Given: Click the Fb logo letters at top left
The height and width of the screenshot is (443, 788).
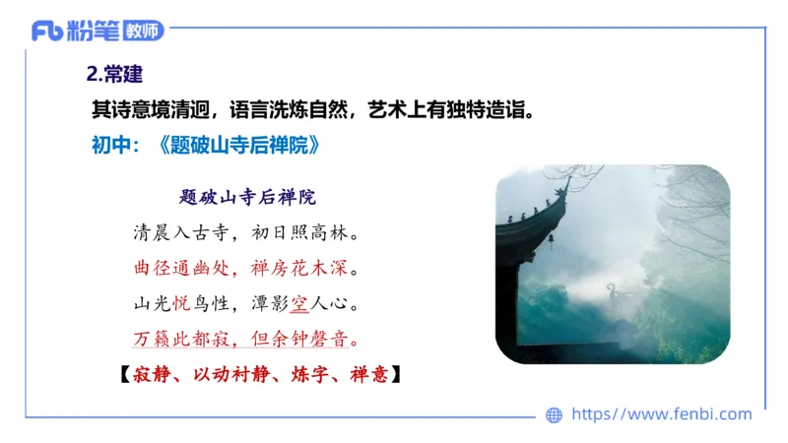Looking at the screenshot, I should [x=48, y=31].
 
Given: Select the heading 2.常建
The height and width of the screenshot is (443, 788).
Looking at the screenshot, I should [x=117, y=74].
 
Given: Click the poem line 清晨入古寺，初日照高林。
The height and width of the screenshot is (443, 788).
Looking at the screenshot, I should [x=245, y=234].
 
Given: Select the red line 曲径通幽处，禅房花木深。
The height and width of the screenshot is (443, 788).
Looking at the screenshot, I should [x=245, y=268].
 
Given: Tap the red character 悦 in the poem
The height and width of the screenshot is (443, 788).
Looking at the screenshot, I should [x=181, y=302].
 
